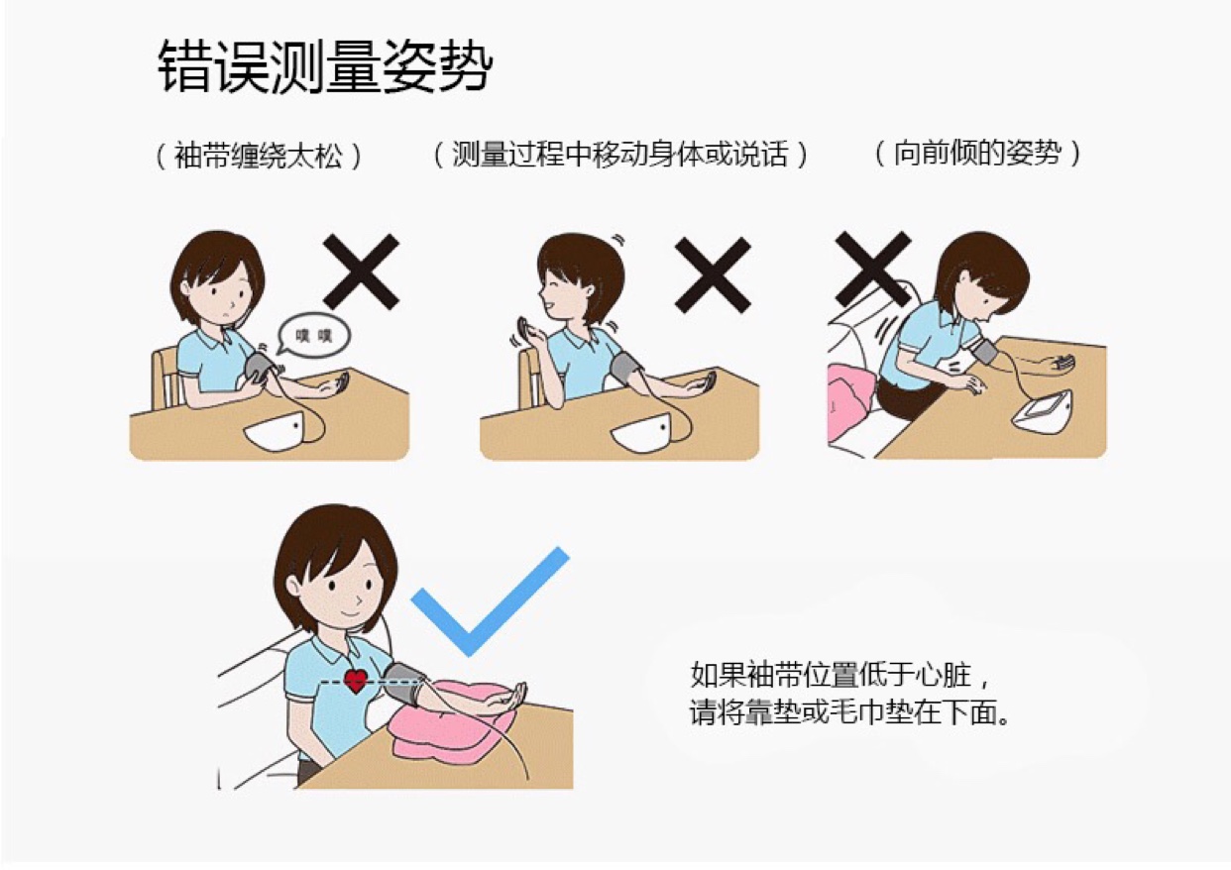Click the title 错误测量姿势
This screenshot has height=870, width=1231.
tap(325, 66)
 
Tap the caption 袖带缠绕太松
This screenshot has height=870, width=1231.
tap(259, 156)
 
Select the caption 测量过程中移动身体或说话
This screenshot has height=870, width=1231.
tap(620, 154)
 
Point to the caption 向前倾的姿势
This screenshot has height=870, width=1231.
tap(977, 153)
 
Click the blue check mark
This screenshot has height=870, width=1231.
tap(490, 602)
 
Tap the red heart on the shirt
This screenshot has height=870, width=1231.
tap(356, 681)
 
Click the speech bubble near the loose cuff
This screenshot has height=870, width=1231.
tap(313, 335)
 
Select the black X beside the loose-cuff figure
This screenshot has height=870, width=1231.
tap(361, 272)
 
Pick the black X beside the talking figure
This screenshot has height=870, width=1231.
tap(713, 274)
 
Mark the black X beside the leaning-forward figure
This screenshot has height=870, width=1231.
tap(872, 269)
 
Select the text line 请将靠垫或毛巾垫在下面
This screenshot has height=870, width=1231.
tap(849, 712)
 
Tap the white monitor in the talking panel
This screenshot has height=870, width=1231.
tap(643, 433)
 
